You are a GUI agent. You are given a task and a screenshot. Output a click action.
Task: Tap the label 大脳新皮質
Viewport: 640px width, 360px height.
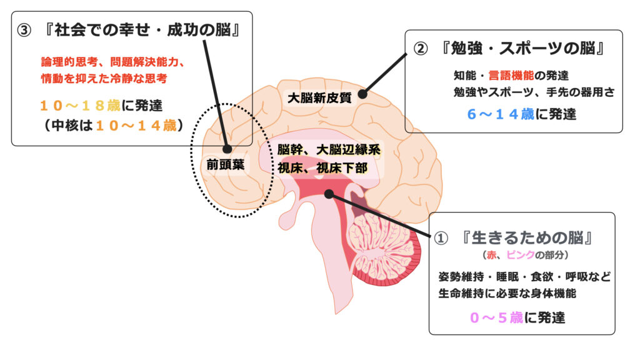tap(319, 97)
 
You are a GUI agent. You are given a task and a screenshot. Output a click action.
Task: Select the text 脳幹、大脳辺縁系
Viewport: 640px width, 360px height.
tap(328, 150)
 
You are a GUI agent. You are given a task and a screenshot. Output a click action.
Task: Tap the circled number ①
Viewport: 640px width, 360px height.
tap(441, 239)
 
